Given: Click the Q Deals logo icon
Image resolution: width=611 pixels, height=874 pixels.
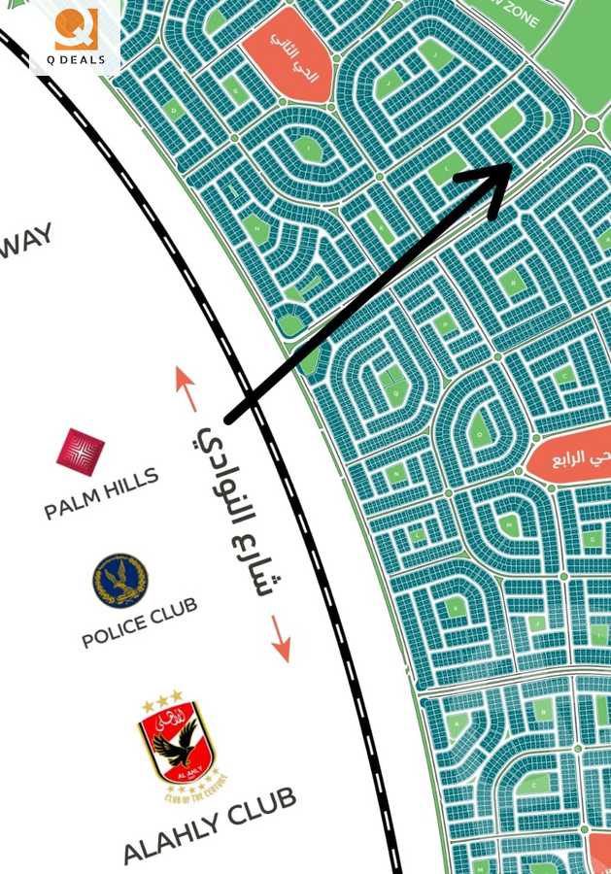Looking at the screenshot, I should (x=76, y=29).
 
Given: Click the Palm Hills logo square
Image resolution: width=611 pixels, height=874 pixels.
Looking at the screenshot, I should (x=80, y=452).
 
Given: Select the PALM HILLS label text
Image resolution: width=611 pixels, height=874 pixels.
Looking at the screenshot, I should (x=101, y=495).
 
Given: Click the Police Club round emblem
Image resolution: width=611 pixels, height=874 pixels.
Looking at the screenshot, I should (x=119, y=580).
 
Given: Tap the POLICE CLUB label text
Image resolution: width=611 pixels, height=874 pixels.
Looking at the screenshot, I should (x=139, y=622).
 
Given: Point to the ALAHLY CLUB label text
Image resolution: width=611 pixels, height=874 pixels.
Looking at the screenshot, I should (x=209, y=826).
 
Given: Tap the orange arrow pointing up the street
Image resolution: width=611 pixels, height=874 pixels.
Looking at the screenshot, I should (x=186, y=387).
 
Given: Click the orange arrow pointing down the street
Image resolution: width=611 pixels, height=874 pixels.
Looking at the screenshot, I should (x=281, y=638).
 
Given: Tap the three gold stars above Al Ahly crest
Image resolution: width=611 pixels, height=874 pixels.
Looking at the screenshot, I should (x=162, y=699).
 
